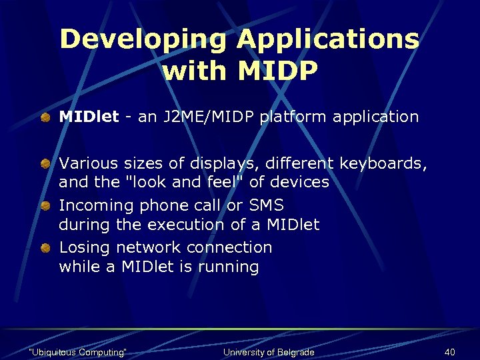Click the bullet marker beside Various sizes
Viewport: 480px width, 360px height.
[44, 163]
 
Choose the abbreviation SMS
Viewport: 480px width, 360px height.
[266, 205]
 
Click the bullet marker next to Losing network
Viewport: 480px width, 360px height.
[44, 248]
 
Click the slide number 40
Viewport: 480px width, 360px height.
[449, 352]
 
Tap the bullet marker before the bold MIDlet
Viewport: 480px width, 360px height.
[44, 118]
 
